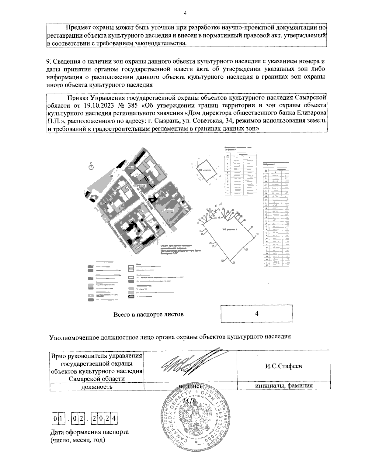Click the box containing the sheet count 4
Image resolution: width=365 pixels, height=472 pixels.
257,314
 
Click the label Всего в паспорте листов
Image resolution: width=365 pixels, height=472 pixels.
148,314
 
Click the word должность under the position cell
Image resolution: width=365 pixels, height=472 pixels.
97,387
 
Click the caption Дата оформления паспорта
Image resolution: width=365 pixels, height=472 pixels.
90,432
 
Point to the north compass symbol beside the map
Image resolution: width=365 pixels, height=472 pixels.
91,167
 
